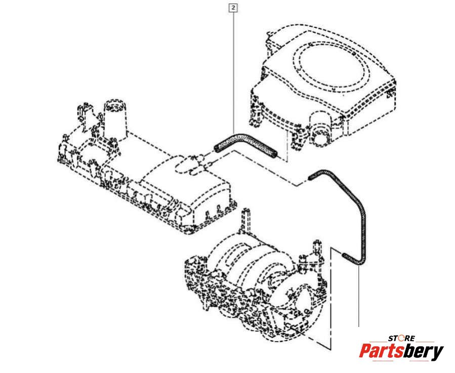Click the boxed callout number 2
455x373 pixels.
pyautogui.click(x=233, y=8)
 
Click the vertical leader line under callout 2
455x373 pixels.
pyautogui.click(x=233, y=71)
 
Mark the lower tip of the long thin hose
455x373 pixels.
pyautogui.click(x=344, y=255)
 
